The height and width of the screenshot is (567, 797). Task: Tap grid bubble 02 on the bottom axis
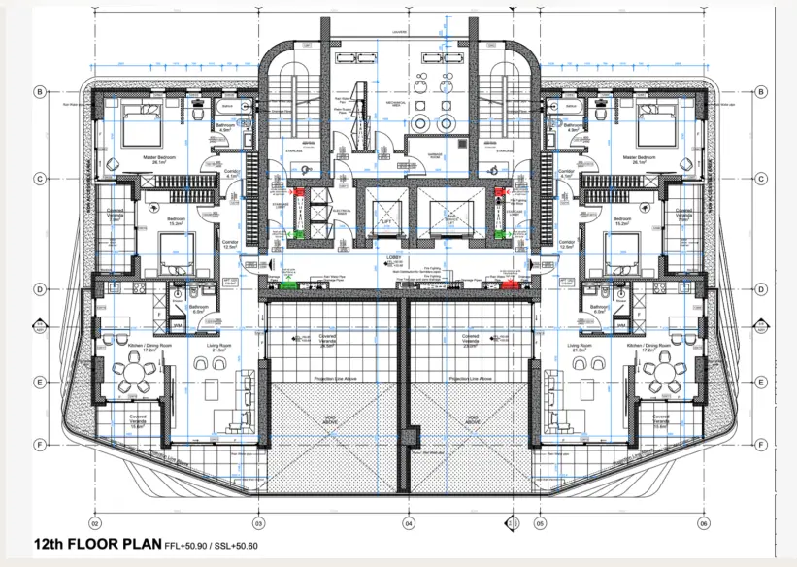click(x=96, y=522)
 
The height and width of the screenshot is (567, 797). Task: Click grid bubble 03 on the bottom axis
click(x=257, y=522)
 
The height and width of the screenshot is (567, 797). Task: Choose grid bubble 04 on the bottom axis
click(x=408, y=522)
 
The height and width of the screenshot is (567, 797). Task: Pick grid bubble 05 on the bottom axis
click(x=540, y=522)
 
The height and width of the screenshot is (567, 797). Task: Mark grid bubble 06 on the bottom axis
click(x=702, y=522)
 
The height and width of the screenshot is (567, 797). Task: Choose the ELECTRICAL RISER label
click(x=341, y=210)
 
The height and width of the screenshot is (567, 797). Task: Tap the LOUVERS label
click(x=398, y=32)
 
